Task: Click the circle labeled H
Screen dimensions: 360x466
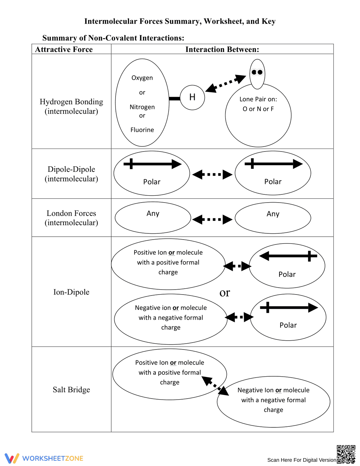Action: tap(192, 98)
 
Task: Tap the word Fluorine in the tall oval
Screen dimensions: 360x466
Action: tap(142, 130)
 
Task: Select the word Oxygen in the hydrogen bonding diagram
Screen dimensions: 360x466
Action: tap(142, 78)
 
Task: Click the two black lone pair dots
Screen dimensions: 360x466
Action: tap(257, 72)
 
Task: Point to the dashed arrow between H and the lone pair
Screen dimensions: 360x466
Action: tap(225, 84)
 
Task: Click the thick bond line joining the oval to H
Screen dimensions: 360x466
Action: tap(174, 99)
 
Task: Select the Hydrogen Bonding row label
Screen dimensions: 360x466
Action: tap(71, 106)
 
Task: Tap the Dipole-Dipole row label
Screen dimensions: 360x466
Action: tap(71, 174)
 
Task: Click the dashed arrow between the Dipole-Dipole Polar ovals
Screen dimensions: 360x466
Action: tap(212, 174)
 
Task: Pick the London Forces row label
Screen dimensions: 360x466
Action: tap(71, 218)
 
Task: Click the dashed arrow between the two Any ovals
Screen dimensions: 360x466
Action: tap(212, 219)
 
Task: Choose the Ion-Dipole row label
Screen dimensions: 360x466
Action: tap(71, 292)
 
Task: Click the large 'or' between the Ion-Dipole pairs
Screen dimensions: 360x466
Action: tap(225, 293)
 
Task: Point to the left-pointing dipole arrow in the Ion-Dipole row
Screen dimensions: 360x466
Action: tap(288, 256)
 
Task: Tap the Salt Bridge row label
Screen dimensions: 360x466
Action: tap(71, 389)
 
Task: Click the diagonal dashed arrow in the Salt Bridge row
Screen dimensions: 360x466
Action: tap(215, 386)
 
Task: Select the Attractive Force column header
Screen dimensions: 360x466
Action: tap(64, 49)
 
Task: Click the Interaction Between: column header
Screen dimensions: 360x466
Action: tap(222, 49)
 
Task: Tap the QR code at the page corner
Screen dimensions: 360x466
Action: tap(346, 454)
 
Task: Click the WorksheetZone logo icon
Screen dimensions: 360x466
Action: tap(12, 458)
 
